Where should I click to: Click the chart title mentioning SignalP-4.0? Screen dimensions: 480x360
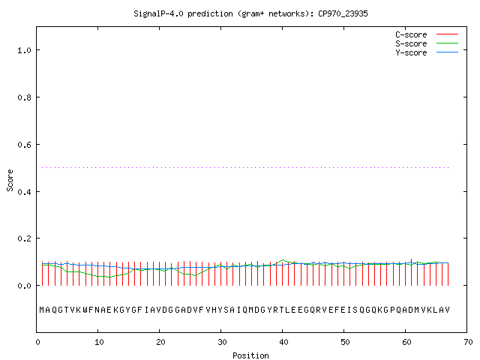point(250,13)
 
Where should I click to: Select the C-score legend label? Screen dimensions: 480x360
point(411,34)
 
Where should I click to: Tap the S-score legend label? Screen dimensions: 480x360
point(411,43)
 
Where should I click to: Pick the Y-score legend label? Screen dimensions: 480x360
point(411,52)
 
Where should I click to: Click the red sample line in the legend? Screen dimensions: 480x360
point(447,34)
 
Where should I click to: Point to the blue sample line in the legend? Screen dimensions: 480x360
point(447,52)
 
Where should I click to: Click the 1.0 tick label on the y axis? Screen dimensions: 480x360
point(24,50)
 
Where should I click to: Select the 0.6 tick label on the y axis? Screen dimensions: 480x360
point(24,145)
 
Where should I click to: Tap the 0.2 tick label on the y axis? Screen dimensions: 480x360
point(24,238)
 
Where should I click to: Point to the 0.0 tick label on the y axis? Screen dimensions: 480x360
point(24,286)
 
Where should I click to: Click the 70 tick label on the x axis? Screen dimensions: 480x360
point(468,342)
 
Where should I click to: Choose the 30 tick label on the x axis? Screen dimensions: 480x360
point(222,342)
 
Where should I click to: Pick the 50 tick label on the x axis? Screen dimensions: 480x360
point(345,342)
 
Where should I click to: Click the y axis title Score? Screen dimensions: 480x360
point(10,180)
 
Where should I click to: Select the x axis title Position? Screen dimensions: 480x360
point(250,355)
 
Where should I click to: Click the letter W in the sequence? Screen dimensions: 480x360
point(85,310)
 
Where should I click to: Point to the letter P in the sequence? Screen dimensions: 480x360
point(392,310)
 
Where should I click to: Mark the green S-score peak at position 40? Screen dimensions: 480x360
point(283,260)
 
